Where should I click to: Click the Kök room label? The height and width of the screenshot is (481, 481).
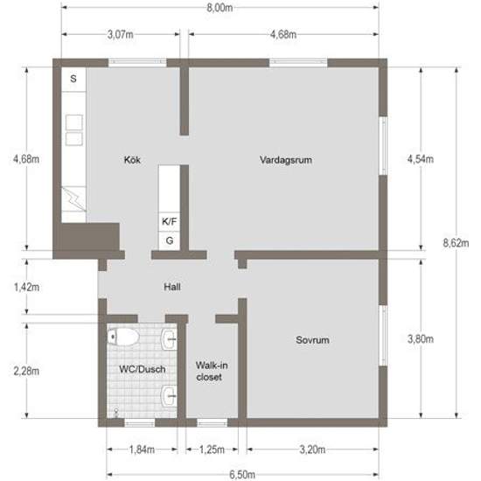133,159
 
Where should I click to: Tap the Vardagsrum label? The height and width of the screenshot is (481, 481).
286,160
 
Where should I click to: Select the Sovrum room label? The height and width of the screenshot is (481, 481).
312,340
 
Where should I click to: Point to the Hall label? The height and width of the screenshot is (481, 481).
172,287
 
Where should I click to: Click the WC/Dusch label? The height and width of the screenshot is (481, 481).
143,369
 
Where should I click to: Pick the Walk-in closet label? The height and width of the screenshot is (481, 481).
208,371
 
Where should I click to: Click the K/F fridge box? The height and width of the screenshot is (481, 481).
169,222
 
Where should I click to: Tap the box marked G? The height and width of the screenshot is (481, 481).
169,240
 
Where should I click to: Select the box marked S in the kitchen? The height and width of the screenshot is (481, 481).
73,79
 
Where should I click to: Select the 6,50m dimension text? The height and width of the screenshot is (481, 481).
244,474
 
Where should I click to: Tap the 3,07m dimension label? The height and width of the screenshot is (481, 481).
120,36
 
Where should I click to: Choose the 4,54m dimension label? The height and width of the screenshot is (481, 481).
422,160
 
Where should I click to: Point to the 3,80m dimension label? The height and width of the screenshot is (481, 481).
422,340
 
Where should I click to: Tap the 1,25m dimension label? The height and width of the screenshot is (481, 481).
209,450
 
